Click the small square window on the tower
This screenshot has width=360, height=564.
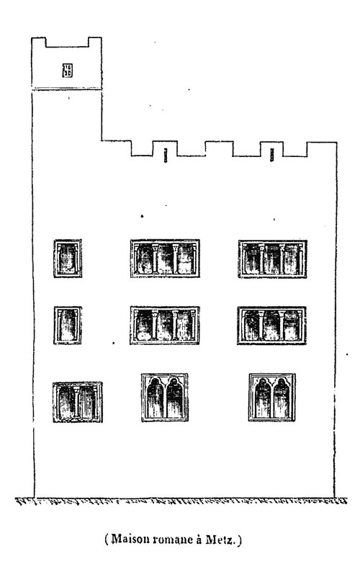click(x=67, y=71)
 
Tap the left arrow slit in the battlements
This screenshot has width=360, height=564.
click(x=166, y=155)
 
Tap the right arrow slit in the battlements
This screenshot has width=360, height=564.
click(x=272, y=155)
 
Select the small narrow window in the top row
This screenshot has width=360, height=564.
click(x=68, y=259)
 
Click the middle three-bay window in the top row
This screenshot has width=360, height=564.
click(x=165, y=259)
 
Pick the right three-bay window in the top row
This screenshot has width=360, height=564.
click(x=273, y=259)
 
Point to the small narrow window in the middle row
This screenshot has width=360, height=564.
click(x=68, y=325)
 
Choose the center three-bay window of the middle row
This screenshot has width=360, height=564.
click(x=165, y=325)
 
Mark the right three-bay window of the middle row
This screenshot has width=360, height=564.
click(x=272, y=326)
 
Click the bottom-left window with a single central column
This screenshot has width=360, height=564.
click(x=78, y=402)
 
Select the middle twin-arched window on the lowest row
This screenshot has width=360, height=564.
click(x=165, y=397)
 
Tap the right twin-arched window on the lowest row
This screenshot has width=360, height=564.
click(x=272, y=397)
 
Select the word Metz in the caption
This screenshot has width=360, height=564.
click(x=220, y=540)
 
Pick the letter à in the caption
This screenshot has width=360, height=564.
click(x=198, y=540)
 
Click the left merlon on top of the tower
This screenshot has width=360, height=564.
click(x=39, y=42)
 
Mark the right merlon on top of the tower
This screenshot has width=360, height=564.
click(x=95, y=42)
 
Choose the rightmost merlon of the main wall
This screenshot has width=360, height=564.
click(x=322, y=149)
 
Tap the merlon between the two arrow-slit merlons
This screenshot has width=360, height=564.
click(x=220, y=148)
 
